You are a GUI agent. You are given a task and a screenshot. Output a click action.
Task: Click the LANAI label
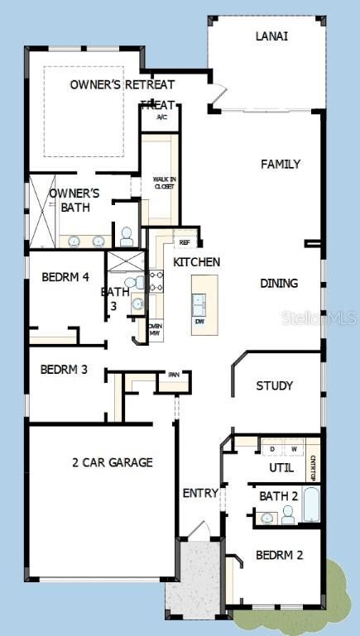271,36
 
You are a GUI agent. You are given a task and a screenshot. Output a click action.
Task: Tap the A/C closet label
162,117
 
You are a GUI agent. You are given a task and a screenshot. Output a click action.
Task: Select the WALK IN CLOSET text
163,183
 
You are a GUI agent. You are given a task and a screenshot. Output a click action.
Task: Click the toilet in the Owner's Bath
127,237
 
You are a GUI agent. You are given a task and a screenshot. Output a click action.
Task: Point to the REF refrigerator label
185,242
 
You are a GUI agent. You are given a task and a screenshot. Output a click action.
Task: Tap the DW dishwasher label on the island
199,321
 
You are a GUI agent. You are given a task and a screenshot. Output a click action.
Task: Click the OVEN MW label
155,328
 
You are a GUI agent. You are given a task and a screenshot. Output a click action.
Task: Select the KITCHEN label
196,262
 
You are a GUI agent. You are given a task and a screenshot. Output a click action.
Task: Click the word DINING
279,283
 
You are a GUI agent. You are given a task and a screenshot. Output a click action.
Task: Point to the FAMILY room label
281,165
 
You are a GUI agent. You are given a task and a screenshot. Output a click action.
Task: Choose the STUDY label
274,385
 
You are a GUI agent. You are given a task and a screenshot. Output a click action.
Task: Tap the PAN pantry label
174,374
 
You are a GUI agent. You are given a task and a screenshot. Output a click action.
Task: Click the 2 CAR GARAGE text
113,462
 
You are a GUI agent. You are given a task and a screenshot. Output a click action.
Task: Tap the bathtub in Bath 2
310,504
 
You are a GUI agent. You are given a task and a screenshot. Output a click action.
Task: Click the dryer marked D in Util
273,449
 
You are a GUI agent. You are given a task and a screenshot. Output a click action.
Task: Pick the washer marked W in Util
293,449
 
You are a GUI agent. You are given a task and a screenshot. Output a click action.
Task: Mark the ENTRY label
200,494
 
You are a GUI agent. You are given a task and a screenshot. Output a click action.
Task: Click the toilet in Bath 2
287,514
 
